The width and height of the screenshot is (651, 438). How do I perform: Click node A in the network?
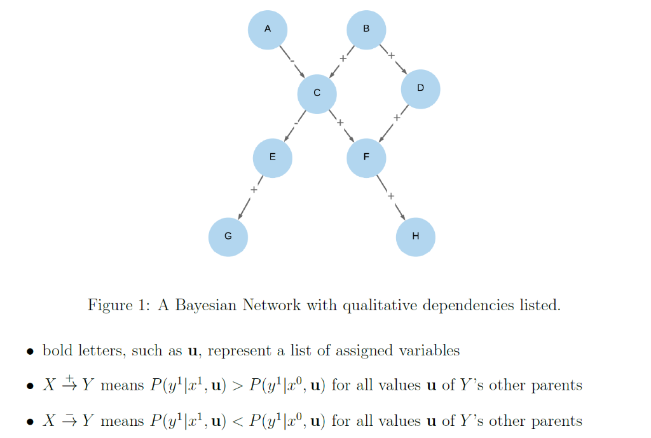click(267, 29)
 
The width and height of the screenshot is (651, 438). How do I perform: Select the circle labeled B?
click(366, 29)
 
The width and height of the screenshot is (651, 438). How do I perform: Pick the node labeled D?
click(420, 88)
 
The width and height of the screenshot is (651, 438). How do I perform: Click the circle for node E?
click(272, 157)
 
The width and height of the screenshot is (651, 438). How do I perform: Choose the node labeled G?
click(228, 236)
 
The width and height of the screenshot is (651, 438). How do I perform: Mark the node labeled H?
click(415, 236)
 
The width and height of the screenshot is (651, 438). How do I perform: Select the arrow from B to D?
click(394, 60)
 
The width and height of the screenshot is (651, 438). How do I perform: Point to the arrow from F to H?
click(391, 198)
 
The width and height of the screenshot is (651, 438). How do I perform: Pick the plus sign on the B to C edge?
click(343, 58)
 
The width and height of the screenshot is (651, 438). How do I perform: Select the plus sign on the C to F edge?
click(340, 122)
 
